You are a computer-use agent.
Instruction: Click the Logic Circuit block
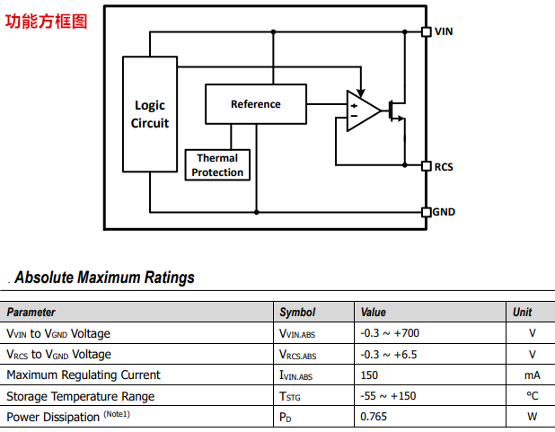pos(150,114)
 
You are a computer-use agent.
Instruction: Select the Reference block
pos(256,104)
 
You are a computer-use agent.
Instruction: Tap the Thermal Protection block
pos(217,165)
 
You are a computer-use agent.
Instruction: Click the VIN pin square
pos(427,31)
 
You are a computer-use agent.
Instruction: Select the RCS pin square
pos(427,166)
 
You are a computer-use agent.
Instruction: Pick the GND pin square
pos(427,212)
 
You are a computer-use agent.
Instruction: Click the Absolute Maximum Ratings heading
pos(104,278)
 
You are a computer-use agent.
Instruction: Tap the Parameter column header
pos(31,313)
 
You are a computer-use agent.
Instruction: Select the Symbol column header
pos(297,313)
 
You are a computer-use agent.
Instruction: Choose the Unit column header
pos(522,313)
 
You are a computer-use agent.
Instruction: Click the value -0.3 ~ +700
pos(390,333)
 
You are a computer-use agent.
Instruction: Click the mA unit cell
pos(532,375)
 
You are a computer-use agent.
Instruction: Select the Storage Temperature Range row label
pos(81,396)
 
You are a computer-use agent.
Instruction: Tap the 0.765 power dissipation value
pos(375,417)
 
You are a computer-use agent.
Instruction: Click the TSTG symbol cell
pos(290,396)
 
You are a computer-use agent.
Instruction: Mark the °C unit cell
pos(533,396)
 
